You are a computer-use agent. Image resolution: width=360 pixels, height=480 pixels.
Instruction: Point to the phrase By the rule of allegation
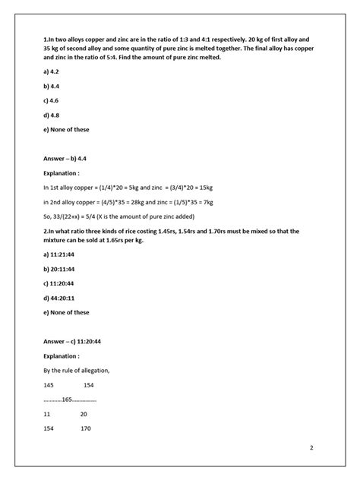click(x=77, y=370)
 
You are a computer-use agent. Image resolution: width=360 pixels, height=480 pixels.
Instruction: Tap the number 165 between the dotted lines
click(x=68, y=399)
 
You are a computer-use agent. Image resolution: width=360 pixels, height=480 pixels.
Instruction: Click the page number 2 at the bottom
click(x=311, y=448)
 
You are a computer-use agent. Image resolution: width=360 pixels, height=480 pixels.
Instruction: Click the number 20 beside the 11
click(x=84, y=414)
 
